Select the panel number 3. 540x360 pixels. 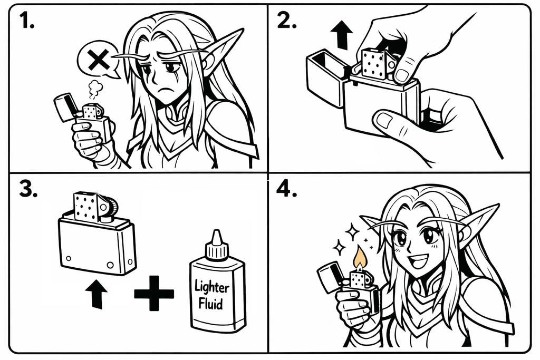(27, 189)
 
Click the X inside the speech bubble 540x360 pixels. (99, 61)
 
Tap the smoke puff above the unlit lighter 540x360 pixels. (95, 90)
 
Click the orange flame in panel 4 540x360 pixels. (360, 258)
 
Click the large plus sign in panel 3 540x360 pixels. (153, 294)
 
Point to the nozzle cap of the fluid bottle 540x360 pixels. (216, 245)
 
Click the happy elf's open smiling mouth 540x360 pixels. (421, 259)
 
